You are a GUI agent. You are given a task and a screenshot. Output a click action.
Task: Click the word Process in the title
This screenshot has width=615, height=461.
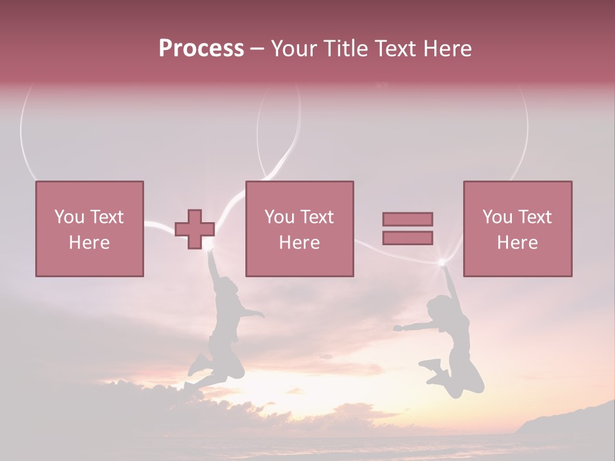coord(201,49)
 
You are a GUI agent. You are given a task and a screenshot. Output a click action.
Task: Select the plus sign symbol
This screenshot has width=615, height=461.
coord(195,229)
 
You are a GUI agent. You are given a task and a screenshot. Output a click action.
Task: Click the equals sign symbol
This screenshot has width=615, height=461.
coord(407,229)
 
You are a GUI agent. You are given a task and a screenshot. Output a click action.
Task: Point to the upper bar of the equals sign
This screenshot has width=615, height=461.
coord(407,220)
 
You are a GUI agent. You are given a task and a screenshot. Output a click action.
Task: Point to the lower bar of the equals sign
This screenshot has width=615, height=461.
coord(407,238)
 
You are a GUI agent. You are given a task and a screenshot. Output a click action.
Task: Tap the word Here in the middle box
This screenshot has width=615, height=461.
coord(300,243)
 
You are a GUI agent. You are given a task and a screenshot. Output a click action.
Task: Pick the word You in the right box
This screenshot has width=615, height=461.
coord(497,217)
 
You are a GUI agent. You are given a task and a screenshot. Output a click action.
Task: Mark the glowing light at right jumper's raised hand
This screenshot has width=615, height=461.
coord(441,262)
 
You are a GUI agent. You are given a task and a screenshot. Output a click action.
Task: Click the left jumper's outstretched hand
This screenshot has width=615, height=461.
coord(259,314)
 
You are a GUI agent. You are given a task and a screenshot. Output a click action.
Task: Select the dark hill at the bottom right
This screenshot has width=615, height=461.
coord(570,419)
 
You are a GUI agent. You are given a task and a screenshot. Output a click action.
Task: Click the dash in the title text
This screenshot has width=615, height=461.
coord(258,49)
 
